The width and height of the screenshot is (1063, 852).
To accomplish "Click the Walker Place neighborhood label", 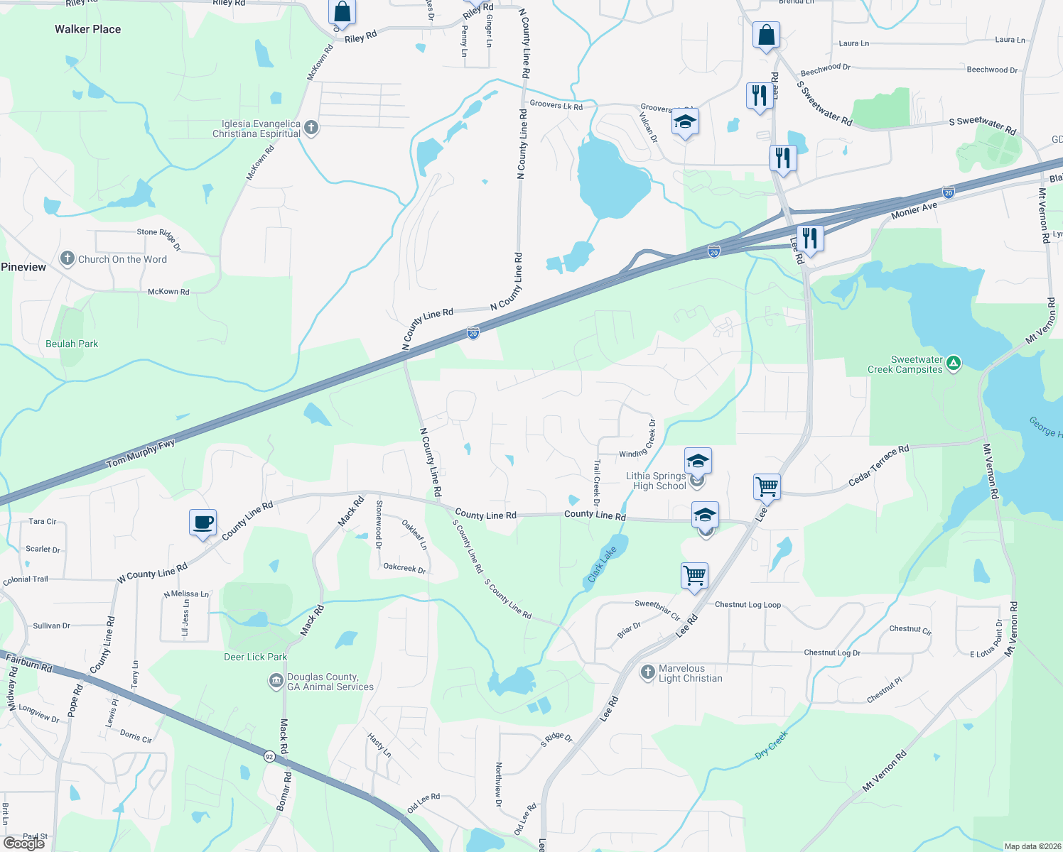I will coord(87,29).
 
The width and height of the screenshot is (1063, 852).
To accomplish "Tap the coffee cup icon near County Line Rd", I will coord(203,523).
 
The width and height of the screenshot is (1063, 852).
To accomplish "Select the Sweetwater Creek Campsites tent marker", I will coord(954,364).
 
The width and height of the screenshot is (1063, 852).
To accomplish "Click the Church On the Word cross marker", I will coord(68,258).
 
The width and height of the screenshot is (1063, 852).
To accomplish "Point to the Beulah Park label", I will coord(72,344).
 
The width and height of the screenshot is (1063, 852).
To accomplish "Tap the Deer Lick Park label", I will coord(255,657).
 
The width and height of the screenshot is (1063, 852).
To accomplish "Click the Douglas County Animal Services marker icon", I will coord(276,682).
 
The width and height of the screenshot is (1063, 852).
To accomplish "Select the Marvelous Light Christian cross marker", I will coord(647,672).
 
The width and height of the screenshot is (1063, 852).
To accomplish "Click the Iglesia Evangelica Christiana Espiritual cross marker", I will coord(311,129).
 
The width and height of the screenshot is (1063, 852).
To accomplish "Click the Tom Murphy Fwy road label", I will coord(141,454).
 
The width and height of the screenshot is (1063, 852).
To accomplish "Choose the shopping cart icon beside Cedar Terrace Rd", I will coord(767,487).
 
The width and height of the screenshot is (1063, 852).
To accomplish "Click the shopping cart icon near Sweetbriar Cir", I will coord(694,575).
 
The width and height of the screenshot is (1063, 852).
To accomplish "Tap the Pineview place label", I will coord(23,267).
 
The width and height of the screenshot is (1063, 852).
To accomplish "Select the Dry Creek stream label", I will coord(772,745).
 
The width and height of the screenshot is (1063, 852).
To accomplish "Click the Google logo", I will coord(24,843).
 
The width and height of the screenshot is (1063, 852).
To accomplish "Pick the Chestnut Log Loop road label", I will coord(748,605).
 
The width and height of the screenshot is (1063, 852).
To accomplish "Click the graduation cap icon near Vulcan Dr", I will coord(685,122).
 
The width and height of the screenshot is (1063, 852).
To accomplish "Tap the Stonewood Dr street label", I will coord(379,525).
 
